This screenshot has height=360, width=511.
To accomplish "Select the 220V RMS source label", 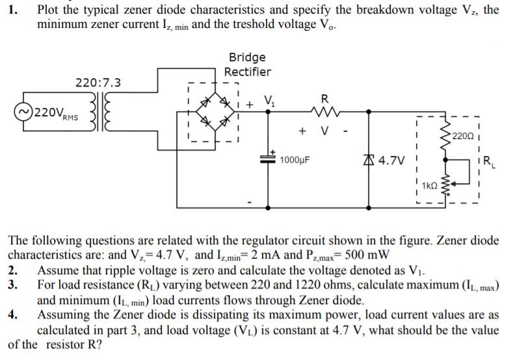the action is point(56,113).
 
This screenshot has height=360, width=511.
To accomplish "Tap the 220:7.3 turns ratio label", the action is point(98,83).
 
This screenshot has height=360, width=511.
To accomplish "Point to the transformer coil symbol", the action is point(100,111).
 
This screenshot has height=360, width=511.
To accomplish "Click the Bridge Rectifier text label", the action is point(247,64).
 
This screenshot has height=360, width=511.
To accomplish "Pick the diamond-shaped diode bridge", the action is point(215,111).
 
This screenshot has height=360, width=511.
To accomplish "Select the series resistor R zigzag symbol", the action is point(325,112).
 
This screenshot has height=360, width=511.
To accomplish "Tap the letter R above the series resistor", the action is point(325,98).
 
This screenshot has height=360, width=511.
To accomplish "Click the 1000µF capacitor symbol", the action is point(268,159).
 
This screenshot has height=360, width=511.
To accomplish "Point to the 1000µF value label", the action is point(295,160).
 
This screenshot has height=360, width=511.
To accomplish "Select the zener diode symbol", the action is point(369,160).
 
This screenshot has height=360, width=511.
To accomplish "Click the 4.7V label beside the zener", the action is point(392,161).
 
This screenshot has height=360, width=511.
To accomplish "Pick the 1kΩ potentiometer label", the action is point(430,186).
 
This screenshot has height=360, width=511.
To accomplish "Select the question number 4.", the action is point(13,315).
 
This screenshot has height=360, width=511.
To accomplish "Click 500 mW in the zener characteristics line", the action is point(367,254).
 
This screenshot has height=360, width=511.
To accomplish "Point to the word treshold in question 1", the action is point(257,24).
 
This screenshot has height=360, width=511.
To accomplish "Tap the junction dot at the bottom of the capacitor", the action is point(268,207).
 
